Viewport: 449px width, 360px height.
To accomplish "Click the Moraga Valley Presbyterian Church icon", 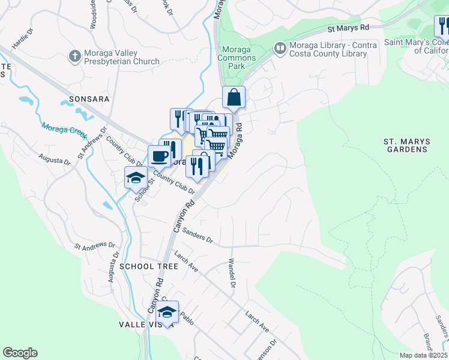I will click(x=74, y=56).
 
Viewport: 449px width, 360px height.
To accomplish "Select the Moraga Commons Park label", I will click(x=239, y=58).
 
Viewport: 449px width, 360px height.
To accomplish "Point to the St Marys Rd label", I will click(x=348, y=28).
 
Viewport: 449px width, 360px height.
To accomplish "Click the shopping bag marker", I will click(x=234, y=97).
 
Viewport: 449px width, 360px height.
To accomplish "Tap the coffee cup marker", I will click(x=160, y=157).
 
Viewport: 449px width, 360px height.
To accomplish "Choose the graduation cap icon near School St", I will click(x=136, y=177).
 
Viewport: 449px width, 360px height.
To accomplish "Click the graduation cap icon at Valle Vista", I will click(x=167, y=312).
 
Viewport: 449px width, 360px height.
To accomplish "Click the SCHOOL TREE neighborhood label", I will click(x=148, y=266).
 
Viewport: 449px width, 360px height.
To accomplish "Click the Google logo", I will click(x=20, y=353).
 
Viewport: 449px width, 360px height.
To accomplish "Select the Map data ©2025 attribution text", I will click(x=423, y=355).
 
